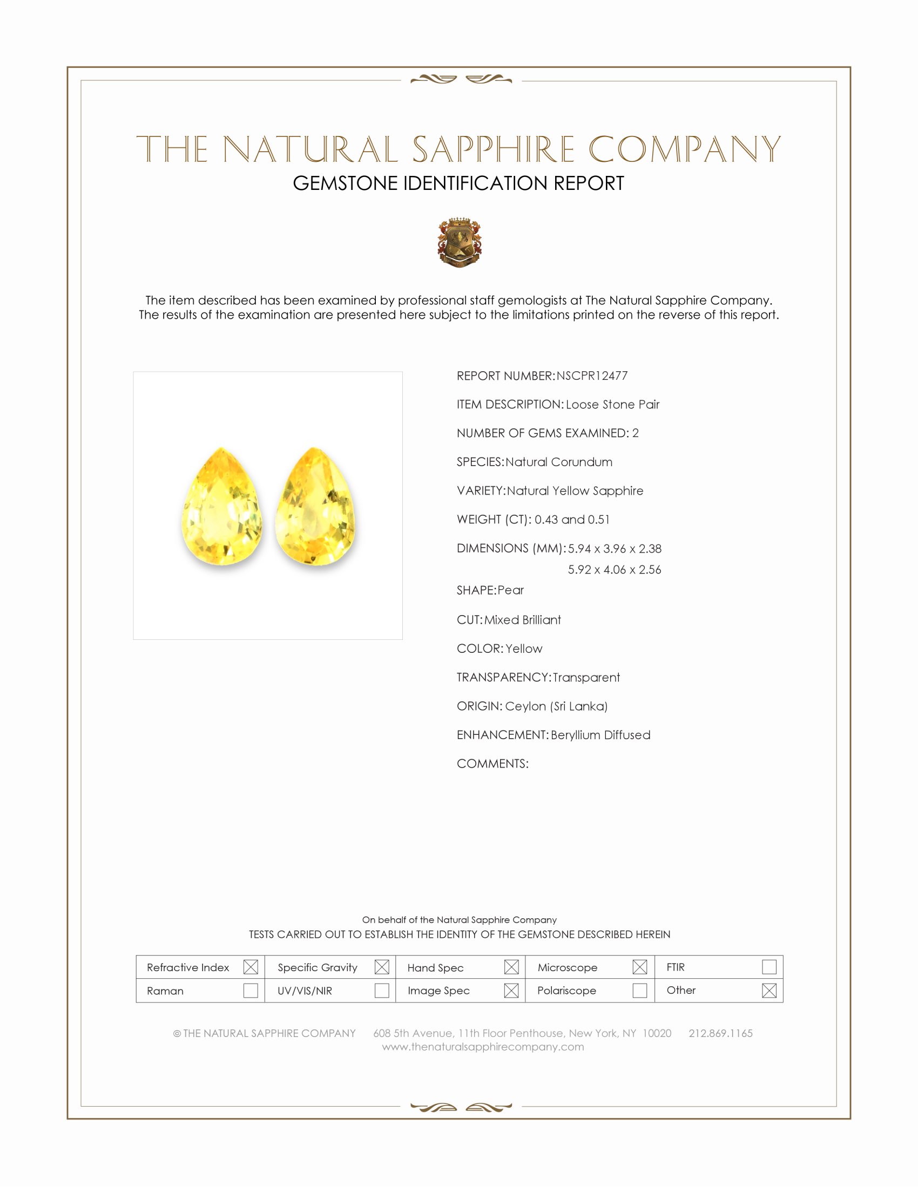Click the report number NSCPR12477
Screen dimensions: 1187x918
(592, 376)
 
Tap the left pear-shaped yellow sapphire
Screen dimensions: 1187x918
(222, 507)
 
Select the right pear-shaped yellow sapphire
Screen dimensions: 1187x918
(316, 507)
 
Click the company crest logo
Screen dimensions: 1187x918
(459, 242)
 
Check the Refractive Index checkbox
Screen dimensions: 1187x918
(251, 967)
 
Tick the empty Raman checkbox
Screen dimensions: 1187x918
(251, 990)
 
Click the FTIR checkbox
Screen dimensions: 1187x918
(769, 967)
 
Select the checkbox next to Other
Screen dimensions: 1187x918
(769, 990)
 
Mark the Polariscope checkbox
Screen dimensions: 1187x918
(639, 990)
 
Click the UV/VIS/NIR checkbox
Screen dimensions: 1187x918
(382, 990)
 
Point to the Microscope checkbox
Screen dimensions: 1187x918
(639, 967)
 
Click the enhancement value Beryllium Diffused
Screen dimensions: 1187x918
(600, 735)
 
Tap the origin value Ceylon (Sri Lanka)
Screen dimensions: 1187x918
(556, 706)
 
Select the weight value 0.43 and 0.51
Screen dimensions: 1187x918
(571, 520)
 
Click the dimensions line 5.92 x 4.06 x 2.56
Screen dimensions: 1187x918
(615, 570)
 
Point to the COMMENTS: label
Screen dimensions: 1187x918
(492, 763)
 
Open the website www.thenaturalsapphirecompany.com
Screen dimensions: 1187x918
(483, 1047)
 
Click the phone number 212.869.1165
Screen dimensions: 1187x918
(720, 1033)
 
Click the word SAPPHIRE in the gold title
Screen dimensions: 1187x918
(493, 149)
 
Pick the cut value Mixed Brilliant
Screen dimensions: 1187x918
(523, 620)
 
